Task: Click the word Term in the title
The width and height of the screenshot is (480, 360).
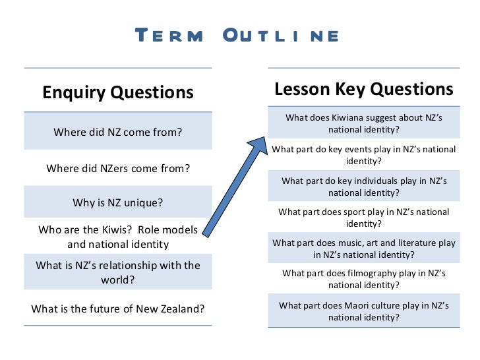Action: pos(169,36)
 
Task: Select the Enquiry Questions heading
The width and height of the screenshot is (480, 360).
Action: pos(118,92)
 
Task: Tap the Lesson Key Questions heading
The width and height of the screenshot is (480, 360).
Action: pos(363,89)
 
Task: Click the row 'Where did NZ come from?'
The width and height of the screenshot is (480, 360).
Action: pos(118,132)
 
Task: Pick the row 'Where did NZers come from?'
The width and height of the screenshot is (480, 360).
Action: pos(118,168)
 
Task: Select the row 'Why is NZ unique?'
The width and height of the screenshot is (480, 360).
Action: pos(118,202)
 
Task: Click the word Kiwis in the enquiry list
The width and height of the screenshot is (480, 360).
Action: pos(119,231)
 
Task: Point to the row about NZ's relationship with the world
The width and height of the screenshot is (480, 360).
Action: pos(118,272)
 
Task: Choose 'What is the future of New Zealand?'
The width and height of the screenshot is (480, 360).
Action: pos(118,308)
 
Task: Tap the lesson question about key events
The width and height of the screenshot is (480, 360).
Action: pos(363,155)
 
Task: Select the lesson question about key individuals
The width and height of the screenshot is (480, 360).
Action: pos(363,187)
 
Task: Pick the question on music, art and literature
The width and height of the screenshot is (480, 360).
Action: pos(363,249)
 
